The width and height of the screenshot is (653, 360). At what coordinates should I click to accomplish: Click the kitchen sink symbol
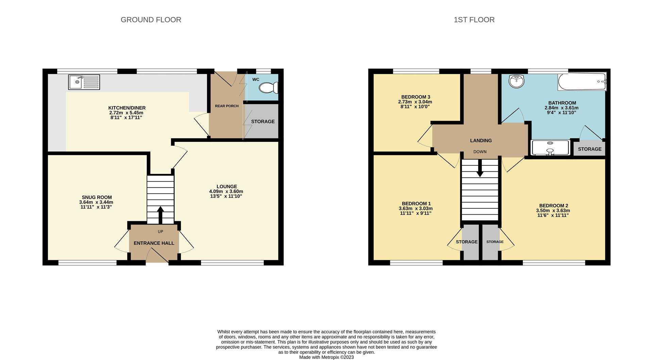[x=84, y=82]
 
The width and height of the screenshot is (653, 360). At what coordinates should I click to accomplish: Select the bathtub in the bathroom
[x=582, y=82]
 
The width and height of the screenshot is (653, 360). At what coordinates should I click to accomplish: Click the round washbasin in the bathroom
[x=517, y=81]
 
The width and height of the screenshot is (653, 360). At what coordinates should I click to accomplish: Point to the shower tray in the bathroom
[x=550, y=148]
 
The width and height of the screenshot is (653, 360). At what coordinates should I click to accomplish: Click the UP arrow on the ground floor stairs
[x=160, y=214]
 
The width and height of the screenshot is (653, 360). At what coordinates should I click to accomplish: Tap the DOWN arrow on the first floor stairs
[x=480, y=168]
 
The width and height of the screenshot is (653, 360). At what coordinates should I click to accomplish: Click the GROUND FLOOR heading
[x=151, y=20]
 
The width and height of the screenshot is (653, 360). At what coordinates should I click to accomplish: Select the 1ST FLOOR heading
[x=474, y=20]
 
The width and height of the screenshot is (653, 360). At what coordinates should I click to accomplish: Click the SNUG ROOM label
[x=97, y=197]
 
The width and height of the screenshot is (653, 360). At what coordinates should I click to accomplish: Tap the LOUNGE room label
[x=227, y=186]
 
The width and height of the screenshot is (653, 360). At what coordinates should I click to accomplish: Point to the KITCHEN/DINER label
[x=127, y=108]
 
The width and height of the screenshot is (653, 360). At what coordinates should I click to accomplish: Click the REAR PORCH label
[x=227, y=106]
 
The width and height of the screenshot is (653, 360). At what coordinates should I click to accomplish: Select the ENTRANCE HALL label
[x=154, y=243]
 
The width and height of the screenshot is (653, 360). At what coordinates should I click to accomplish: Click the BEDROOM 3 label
[x=415, y=97]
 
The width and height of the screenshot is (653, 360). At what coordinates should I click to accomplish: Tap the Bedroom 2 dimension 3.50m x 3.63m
[x=553, y=211]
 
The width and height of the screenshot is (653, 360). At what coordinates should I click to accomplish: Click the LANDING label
[x=481, y=141]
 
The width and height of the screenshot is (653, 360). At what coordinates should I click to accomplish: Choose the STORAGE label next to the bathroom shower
[x=589, y=149]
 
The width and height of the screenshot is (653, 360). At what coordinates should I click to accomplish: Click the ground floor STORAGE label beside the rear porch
[x=263, y=121]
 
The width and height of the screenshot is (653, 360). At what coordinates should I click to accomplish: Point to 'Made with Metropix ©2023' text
[x=326, y=357]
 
